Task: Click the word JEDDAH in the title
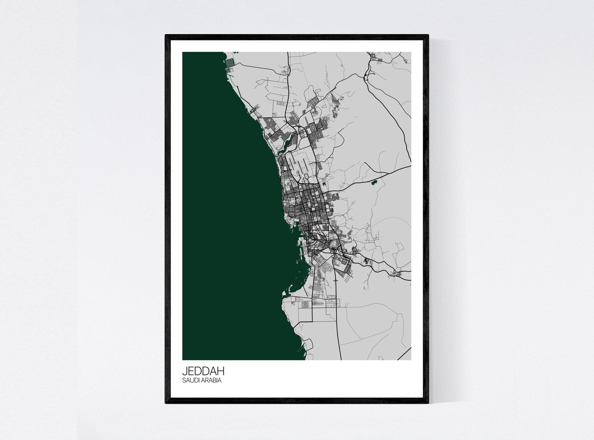pyautogui.click(x=203, y=372)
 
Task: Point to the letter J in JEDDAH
pyautogui.click(x=184, y=372)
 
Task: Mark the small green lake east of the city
pyautogui.click(x=373, y=182)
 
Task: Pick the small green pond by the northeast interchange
pyautogui.click(x=365, y=77)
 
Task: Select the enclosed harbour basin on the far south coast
pyautogui.click(x=307, y=344)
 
